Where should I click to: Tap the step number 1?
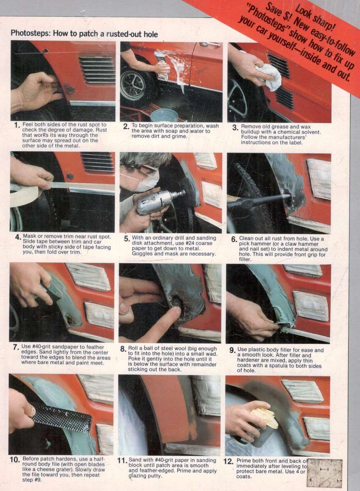click(16, 125)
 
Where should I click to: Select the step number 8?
click(123, 349)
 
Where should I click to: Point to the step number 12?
click(228, 461)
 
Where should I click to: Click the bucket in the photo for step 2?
click(164, 115)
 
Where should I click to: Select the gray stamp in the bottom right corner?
click(324, 473)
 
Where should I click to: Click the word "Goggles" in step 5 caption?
click(143, 254)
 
